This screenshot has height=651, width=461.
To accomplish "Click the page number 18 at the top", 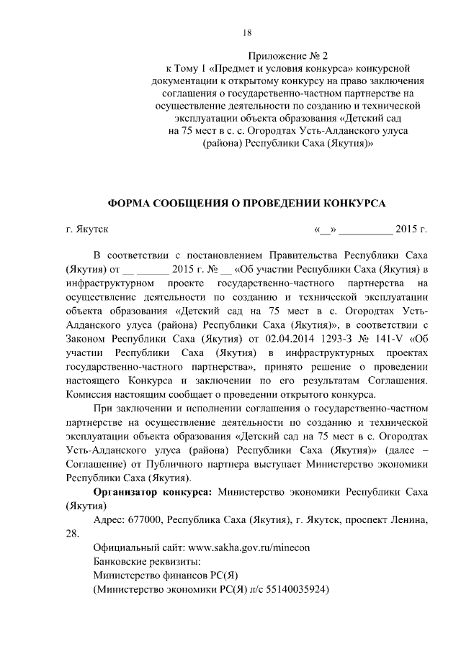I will click(247, 32).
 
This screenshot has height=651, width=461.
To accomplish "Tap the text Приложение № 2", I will click(288, 55).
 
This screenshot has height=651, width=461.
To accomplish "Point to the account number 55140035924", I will click(299, 588).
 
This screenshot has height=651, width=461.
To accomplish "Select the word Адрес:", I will click(109, 519).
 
